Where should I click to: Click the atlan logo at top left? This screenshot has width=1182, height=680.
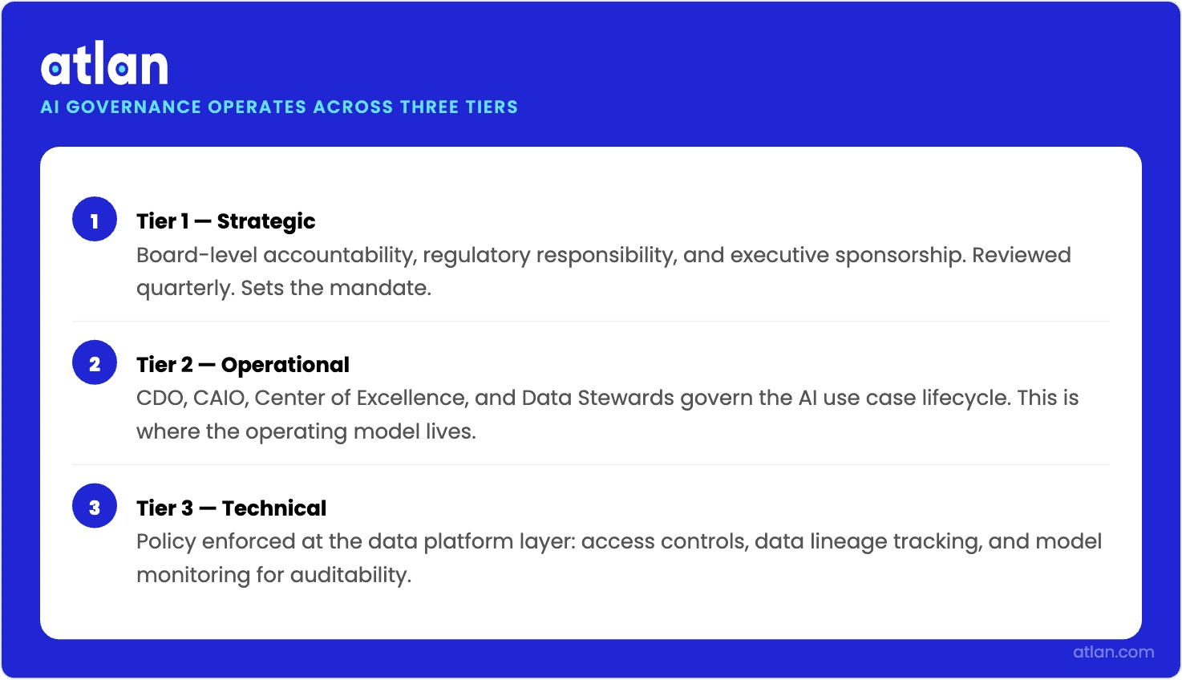[x=104, y=66]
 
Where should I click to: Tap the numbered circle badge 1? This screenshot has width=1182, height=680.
[x=95, y=220]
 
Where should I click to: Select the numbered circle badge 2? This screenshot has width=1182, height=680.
[x=95, y=363]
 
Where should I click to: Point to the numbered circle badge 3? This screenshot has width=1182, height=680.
[x=95, y=507]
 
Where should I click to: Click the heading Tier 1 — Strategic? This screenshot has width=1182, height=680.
[x=225, y=221]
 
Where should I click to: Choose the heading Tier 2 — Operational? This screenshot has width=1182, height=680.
[x=242, y=365]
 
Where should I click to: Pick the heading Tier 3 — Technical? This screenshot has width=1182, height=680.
[x=231, y=508]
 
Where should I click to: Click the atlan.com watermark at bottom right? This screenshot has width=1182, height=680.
[x=1113, y=652]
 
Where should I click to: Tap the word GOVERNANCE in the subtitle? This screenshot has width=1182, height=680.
[x=134, y=107]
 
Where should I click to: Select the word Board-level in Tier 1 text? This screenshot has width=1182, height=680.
[x=196, y=255]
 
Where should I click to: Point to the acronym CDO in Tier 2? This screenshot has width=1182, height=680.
[x=160, y=399]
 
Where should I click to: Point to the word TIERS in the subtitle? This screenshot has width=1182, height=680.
[x=492, y=107]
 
